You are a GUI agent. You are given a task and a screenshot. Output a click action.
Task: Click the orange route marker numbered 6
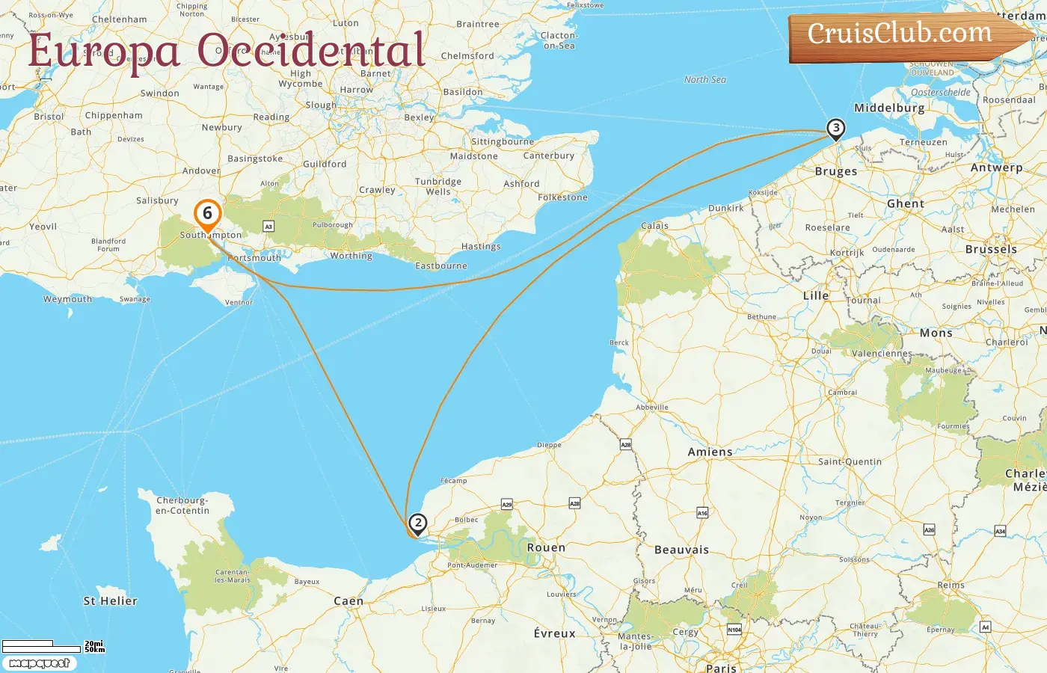tap(208, 214)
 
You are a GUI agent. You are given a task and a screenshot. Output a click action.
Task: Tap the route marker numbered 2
tap(418, 523)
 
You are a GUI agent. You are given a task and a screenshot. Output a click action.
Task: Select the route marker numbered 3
tap(836, 129)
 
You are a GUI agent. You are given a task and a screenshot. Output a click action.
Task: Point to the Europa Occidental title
tap(227, 51)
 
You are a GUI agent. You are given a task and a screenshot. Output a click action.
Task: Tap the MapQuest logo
tap(40, 663)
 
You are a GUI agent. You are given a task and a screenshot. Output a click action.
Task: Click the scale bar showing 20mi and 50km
tap(52, 646)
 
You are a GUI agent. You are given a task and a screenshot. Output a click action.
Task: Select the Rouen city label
tap(546, 548)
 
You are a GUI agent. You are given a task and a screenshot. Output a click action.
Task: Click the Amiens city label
tap(710, 452)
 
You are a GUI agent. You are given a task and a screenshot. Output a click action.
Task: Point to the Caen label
tap(349, 601)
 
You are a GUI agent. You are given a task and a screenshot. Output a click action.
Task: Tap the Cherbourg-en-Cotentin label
tap(182, 505)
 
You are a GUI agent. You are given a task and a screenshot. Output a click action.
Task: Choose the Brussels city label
tap(991, 250)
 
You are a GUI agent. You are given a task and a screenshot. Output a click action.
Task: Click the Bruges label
tap(836, 171)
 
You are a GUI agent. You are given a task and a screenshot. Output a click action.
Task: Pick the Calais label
tap(654, 226)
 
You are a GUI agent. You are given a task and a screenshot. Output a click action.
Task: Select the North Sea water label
tap(704, 80)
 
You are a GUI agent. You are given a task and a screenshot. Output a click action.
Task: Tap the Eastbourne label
tap(441, 266)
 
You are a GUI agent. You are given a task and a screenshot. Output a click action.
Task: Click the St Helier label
tap(110, 601)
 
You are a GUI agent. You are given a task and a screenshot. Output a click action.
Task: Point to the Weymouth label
tap(67, 299)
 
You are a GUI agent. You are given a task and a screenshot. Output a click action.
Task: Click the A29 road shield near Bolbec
tap(506, 505)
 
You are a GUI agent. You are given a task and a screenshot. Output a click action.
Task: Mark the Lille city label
tap(816, 296)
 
